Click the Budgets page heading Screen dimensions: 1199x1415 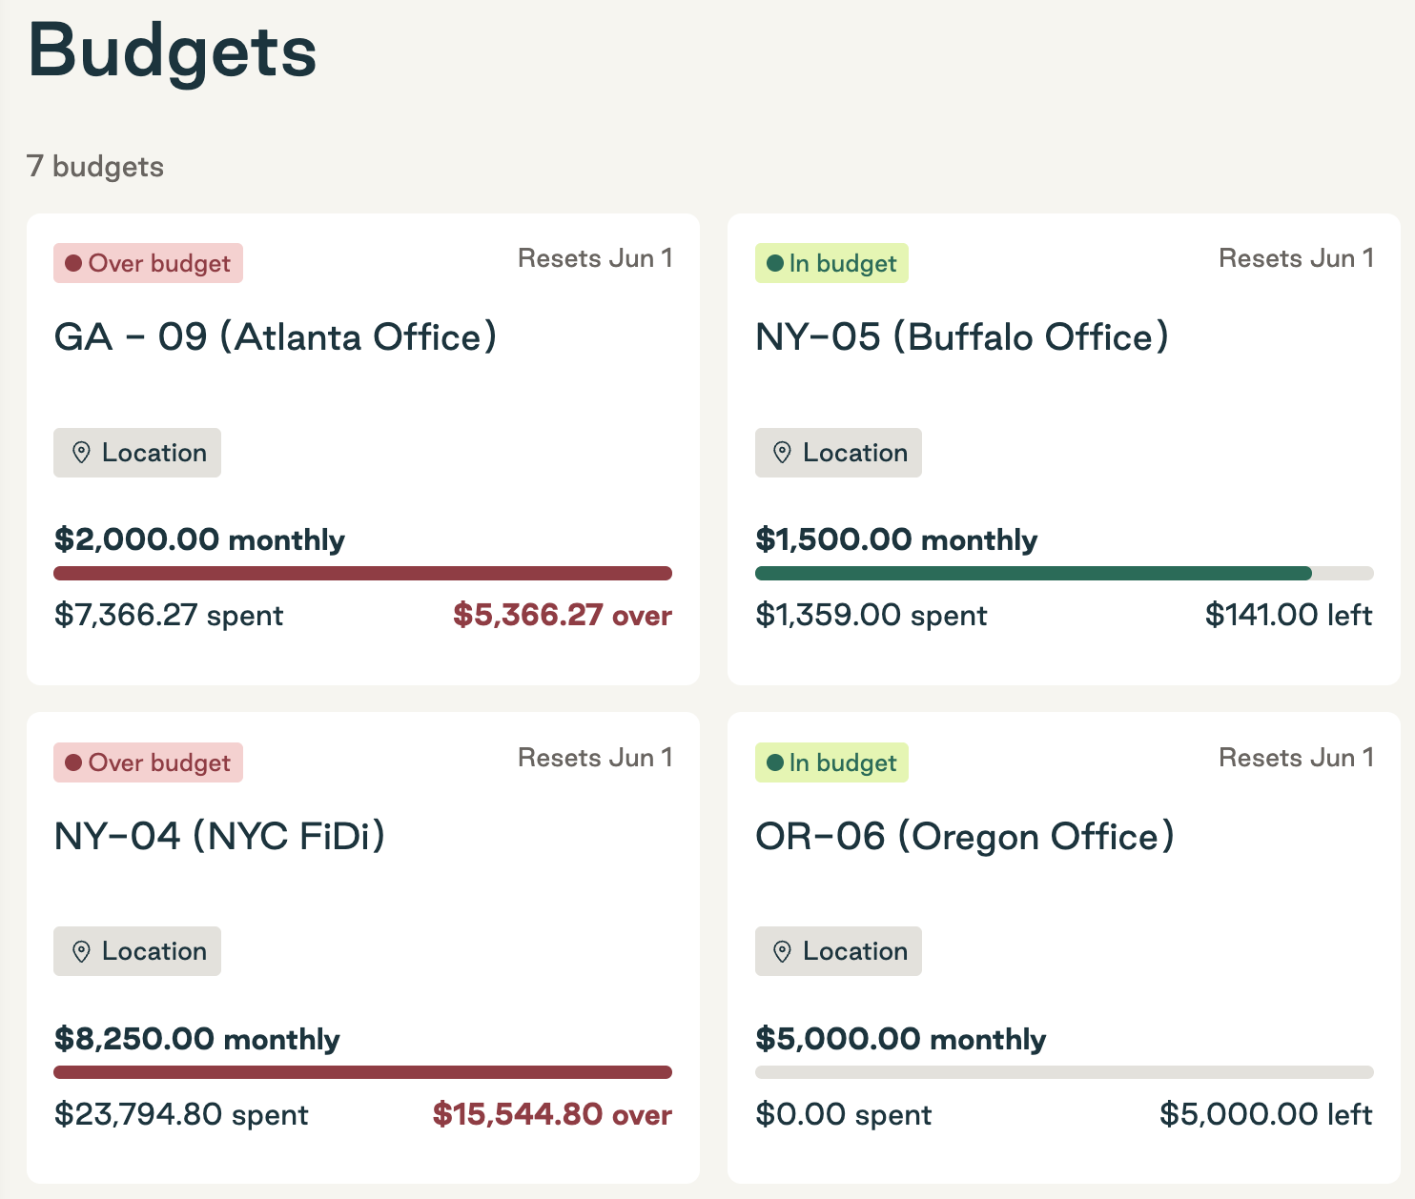[173, 51]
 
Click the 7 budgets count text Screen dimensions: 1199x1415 [95, 167]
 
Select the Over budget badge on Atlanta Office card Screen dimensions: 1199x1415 [148, 263]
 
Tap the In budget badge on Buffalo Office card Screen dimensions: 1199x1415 [831, 263]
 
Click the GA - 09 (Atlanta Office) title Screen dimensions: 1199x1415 [276, 337]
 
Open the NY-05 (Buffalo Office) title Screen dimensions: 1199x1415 [961, 337]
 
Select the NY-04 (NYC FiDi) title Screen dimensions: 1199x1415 [219, 837]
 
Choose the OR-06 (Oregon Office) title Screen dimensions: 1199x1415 [964, 837]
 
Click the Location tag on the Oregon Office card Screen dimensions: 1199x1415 [838, 951]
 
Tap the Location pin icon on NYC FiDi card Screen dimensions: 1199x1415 [82, 951]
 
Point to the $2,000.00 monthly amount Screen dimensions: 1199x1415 [199, 539]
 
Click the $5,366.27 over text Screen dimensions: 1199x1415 [562, 616]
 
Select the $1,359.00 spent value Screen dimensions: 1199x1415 [871, 616]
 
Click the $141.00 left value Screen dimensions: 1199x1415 [1288, 616]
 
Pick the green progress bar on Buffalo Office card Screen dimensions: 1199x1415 [1033, 574]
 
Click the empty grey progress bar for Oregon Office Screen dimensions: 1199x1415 [1063, 1072]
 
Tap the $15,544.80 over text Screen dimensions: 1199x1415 [552, 1114]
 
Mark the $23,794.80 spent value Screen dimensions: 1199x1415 [181, 1114]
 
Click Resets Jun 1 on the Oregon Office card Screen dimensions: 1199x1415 [1296, 758]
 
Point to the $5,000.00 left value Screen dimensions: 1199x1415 [1265, 1114]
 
